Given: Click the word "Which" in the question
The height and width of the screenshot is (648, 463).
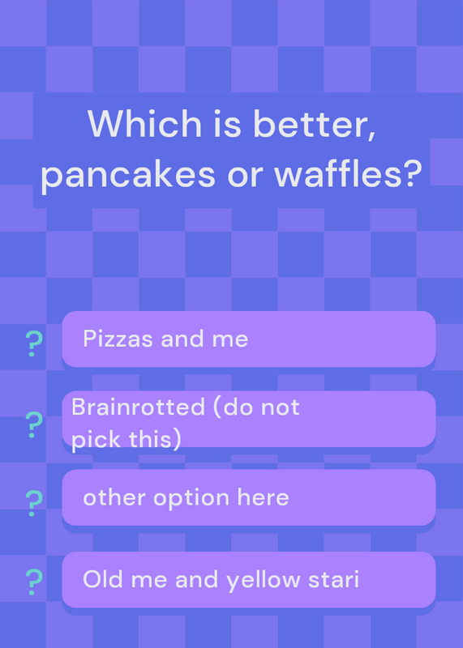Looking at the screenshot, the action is (x=144, y=123).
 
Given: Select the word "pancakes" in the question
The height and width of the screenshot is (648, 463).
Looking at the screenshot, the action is (x=128, y=174).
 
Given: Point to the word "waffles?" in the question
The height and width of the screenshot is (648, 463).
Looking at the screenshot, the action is (x=348, y=173).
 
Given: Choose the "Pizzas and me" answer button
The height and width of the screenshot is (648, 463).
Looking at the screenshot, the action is (x=249, y=339).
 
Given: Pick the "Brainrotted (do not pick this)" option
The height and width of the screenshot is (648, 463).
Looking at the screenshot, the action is (x=249, y=419).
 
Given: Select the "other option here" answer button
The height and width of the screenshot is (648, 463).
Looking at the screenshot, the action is (x=249, y=497).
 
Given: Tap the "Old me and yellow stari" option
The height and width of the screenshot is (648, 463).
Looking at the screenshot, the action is (x=249, y=579).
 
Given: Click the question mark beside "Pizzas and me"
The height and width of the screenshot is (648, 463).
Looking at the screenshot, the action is (x=33, y=343).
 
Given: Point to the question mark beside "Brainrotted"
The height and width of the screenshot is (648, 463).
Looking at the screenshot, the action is (x=33, y=424).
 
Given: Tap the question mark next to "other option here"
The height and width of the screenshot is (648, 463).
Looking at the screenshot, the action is (x=33, y=503).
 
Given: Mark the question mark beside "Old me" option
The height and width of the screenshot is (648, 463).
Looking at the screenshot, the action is (x=33, y=582).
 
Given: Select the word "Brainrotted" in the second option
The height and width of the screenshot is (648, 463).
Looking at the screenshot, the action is (x=138, y=407).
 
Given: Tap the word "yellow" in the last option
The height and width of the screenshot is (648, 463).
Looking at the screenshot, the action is (x=264, y=580).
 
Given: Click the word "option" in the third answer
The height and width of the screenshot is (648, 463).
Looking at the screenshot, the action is (x=191, y=498).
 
